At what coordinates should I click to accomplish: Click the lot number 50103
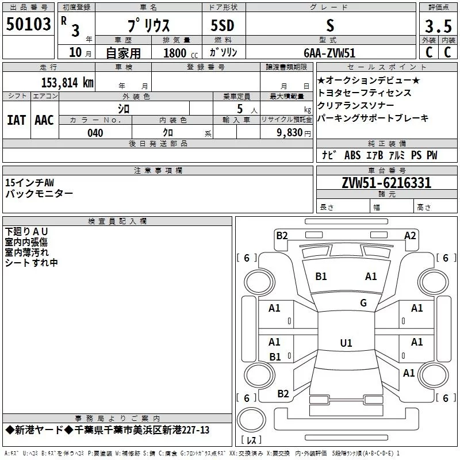pyautogui.click(x=29, y=25)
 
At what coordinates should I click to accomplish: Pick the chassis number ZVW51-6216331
pyautogui.click(x=386, y=183)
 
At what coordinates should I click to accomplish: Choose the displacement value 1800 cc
pyautogui.click(x=178, y=53)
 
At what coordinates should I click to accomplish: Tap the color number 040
pyautogui.click(x=95, y=133)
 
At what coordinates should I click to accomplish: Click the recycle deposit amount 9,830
pyautogui.click(x=294, y=133)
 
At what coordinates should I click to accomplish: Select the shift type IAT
pyautogui.click(x=16, y=120)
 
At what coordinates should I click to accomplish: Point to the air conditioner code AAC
pyautogui.click(x=44, y=120)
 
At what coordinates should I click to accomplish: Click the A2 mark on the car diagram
pyautogui.click(x=410, y=235)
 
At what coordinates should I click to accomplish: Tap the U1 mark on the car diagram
pyautogui.click(x=346, y=343)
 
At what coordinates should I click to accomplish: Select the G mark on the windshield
pyautogui.click(x=363, y=303)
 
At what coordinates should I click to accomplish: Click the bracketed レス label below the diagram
pyautogui.click(x=251, y=440)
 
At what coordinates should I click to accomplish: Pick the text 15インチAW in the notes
pyautogui.click(x=29, y=182)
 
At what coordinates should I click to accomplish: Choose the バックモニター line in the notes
pyautogui.click(x=39, y=194)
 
